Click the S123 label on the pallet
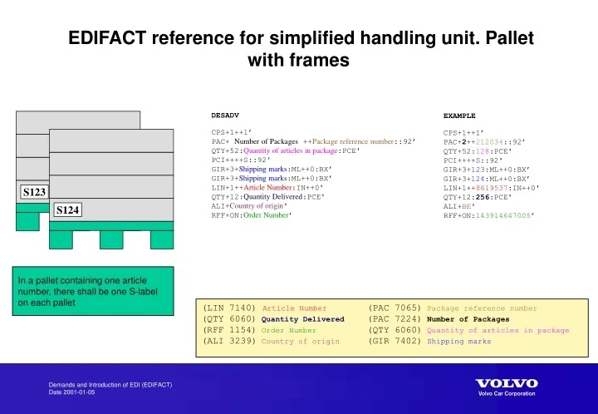[34, 192]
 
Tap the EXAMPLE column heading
[459, 116]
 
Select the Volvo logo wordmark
[506, 383]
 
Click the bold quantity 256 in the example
[485, 197]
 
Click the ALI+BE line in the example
[458, 206]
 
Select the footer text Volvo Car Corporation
[507, 393]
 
